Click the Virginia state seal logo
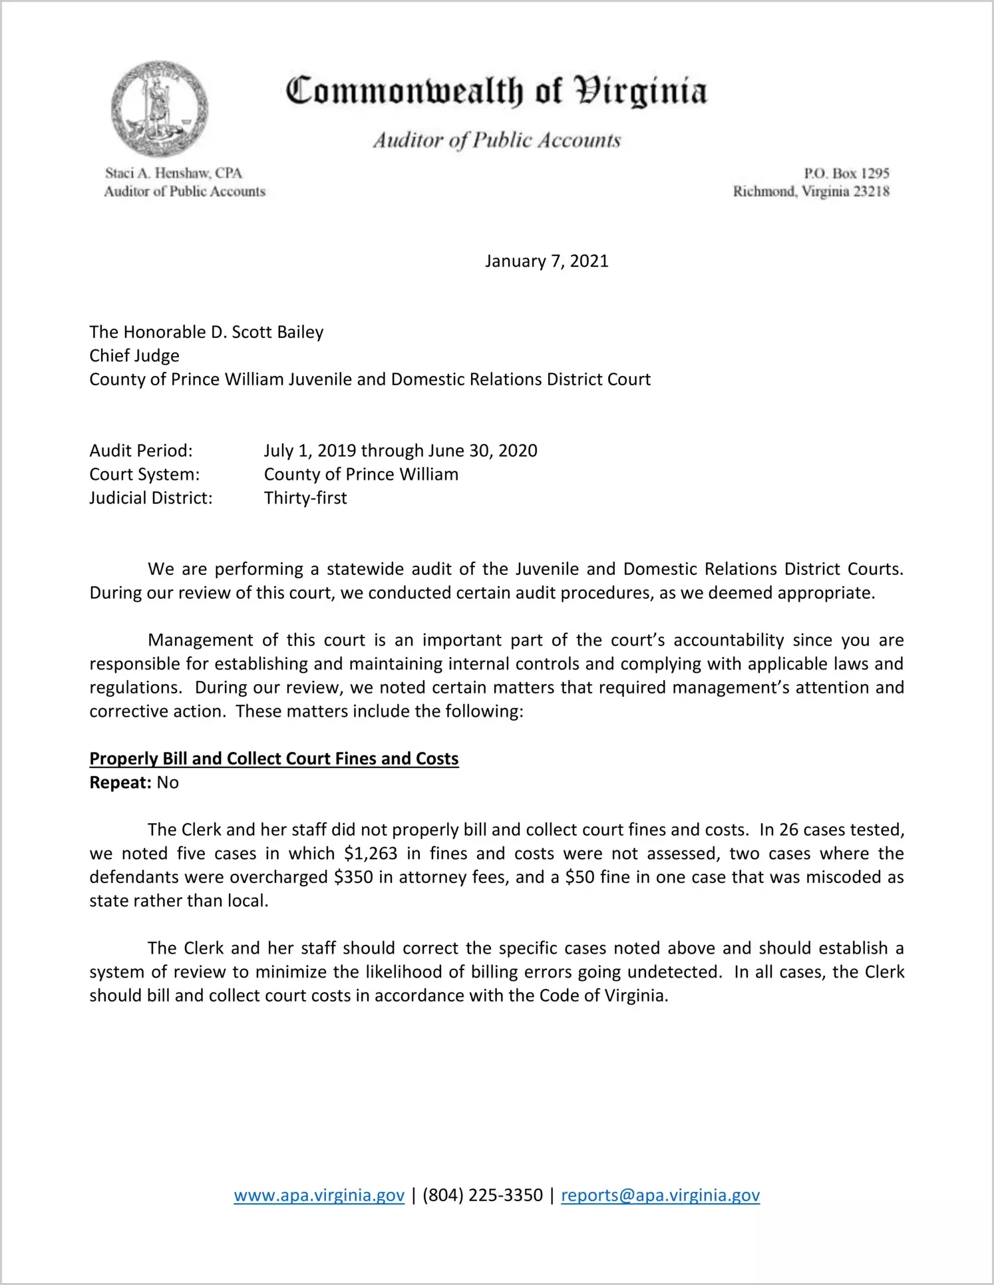click(x=159, y=108)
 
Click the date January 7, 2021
click(x=546, y=261)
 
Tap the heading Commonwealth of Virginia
click(x=496, y=92)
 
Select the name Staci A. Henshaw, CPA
click(x=174, y=173)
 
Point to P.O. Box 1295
click(x=846, y=173)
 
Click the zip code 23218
click(x=871, y=192)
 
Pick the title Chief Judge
click(x=134, y=355)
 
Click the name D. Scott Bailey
click(x=267, y=332)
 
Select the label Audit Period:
click(x=141, y=451)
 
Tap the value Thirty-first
click(x=305, y=498)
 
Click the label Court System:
click(x=144, y=474)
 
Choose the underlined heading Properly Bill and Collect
click(x=273, y=759)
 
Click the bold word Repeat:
click(x=120, y=783)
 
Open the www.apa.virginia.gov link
click(x=319, y=1195)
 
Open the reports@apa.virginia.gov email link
click(x=660, y=1195)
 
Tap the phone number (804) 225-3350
click(x=482, y=1195)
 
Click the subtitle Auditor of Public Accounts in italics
click(x=496, y=140)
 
